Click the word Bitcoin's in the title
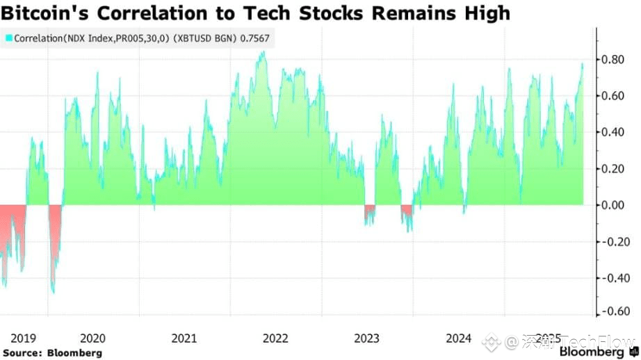point(44,13)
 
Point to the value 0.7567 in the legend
point(254,40)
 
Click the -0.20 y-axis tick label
point(615,242)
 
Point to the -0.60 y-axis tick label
point(615,311)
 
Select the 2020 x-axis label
point(93,338)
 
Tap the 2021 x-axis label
point(184,338)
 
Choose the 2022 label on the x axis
point(276,338)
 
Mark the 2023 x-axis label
point(367,338)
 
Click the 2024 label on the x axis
point(459,338)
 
